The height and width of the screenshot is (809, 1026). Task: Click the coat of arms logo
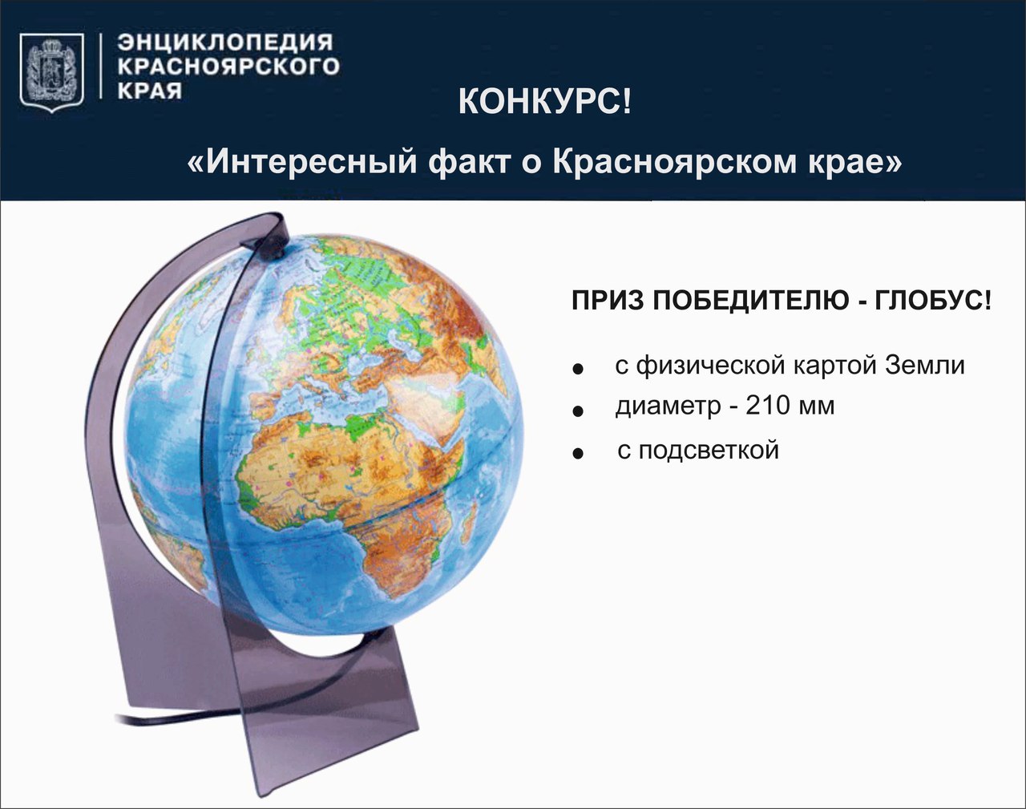pos(52,73)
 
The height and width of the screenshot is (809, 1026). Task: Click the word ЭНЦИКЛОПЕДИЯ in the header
pos(225,42)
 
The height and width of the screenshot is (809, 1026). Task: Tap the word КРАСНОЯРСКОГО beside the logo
pos(228,67)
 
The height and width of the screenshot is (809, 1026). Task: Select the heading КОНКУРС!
pos(544,102)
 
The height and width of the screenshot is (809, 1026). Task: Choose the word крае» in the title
pos(854,163)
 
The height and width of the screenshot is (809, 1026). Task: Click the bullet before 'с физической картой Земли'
pos(578,369)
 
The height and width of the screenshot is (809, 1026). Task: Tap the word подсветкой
pos(709,450)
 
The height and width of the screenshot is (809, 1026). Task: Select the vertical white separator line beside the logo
pos(101,67)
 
